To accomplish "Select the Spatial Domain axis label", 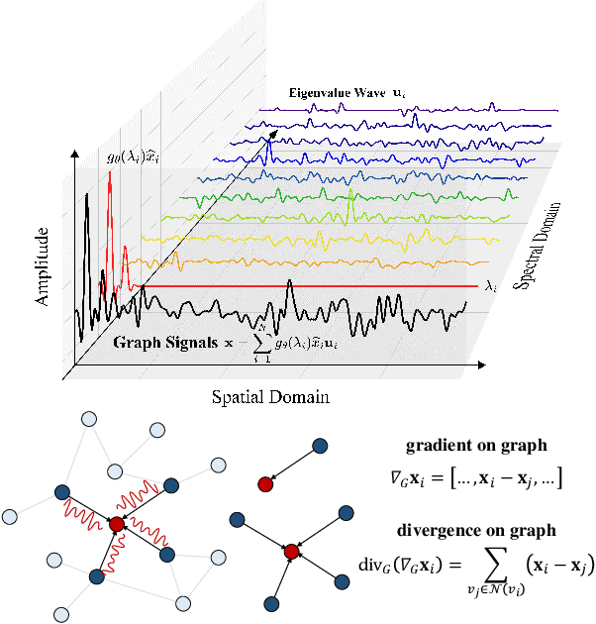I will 269,397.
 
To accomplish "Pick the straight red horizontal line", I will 317,285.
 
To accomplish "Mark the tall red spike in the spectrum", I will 109,198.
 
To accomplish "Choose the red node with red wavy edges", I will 117,522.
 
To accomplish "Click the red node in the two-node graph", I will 264,483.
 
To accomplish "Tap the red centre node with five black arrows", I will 292,551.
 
